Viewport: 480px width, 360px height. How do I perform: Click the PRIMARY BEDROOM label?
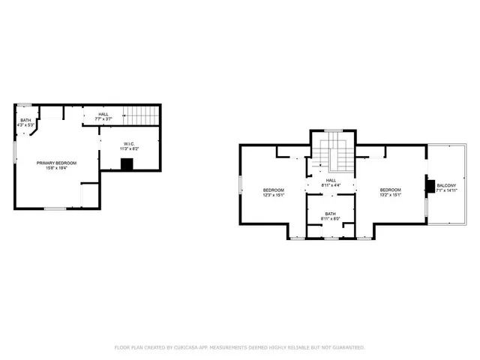click(57, 162)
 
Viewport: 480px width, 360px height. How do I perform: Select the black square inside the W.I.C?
click(127, 164)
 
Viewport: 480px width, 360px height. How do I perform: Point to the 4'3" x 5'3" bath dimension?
click(26, 125)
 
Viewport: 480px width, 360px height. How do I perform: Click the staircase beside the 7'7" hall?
click(142, 116)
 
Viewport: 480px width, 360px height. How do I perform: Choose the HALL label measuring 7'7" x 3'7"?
click(102, 114)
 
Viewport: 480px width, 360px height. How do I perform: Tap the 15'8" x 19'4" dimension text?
click(57, 168)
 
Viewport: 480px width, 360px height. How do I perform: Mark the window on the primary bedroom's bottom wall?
click(54, 208)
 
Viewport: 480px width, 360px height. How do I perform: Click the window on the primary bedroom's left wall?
click(15, 153)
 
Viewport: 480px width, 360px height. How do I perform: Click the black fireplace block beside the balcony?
click(430, 187)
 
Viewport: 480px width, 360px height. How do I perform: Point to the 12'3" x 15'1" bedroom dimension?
click(273, 195)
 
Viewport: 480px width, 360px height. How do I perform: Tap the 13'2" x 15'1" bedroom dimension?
click(390, 195)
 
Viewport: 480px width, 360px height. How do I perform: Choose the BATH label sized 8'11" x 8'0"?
click(331, 214)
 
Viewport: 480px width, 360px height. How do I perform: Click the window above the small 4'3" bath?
click(25, 104)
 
